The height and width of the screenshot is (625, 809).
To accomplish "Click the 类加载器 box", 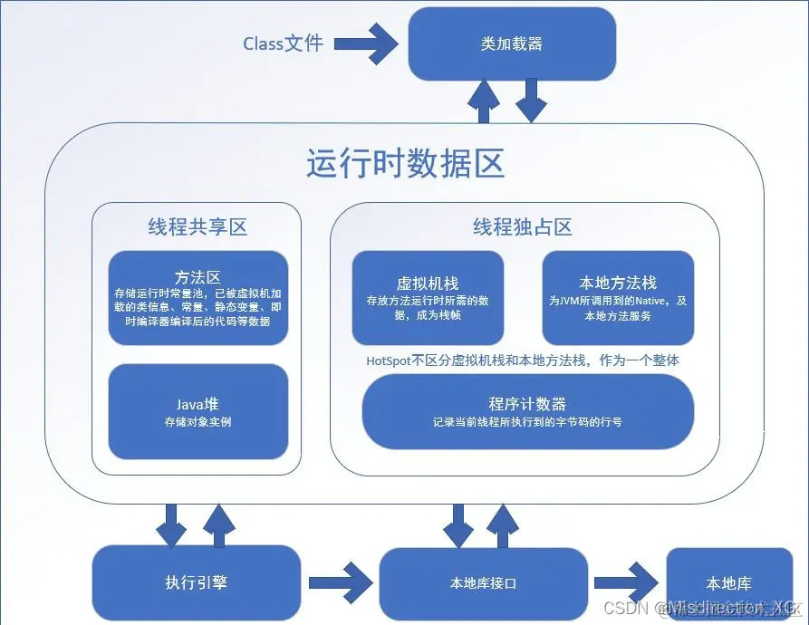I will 512,44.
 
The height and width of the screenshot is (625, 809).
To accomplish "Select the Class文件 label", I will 283,43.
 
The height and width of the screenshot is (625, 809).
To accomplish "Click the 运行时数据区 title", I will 405,165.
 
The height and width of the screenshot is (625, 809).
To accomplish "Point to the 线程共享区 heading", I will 197,226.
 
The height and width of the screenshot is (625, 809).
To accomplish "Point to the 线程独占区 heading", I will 523,226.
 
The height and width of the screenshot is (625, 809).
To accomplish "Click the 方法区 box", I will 197,298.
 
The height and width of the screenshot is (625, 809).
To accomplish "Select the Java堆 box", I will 197,411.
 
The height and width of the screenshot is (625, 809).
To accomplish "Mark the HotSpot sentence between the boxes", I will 523,360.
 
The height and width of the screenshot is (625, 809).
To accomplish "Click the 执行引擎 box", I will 197,582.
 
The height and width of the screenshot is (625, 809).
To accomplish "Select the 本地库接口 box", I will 484,583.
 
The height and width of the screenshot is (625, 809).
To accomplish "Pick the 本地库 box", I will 728,582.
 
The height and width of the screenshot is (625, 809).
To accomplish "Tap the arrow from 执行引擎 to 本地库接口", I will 340,581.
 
